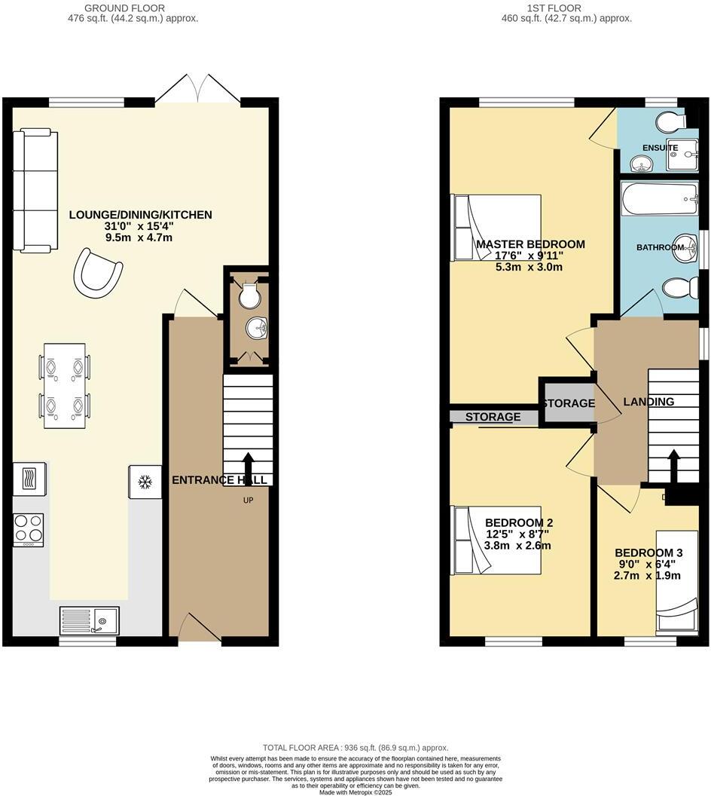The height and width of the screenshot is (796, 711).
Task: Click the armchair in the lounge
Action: [x=100, y=271]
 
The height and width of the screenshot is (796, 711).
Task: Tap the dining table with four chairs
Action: [x=65, y=386]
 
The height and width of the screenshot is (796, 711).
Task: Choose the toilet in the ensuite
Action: [x=668, y=121]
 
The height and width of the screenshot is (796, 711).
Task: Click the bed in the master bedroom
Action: [x=496, y=228]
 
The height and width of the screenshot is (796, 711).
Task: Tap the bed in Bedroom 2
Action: [x=496, y=540]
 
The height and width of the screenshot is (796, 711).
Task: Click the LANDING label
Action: [x=648, y=402]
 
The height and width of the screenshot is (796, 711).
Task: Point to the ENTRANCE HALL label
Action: [x=219, y=480]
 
